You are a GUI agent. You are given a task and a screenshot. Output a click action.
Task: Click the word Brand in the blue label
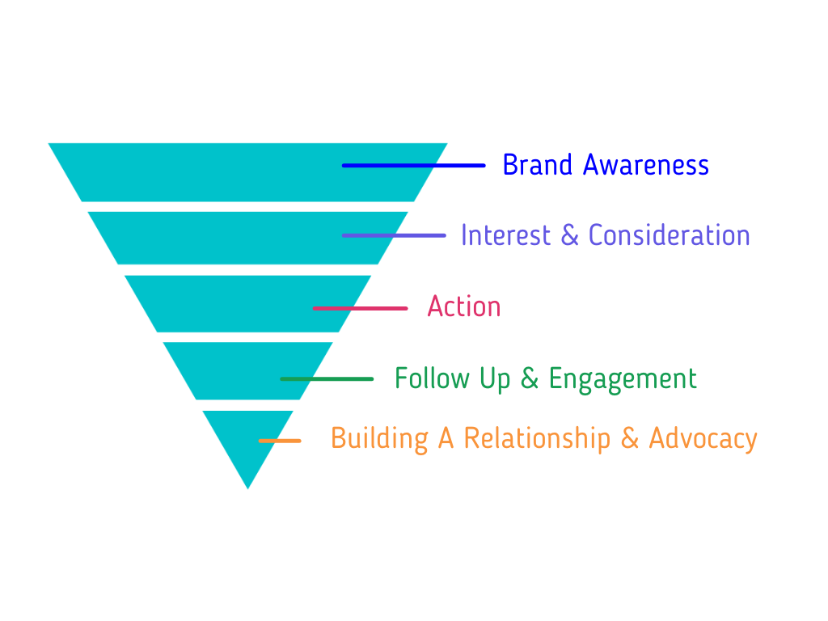[537, 165]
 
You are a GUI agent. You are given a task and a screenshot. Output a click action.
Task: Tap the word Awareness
[646, 165]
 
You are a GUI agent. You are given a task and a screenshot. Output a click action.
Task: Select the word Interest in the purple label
[505, 235]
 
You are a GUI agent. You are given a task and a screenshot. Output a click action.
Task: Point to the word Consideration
[669, 235]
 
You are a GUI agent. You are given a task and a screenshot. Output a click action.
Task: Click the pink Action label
[464, 306]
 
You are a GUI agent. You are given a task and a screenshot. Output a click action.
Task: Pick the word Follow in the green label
[432, 378]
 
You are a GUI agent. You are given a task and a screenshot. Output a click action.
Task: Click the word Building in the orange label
[380, 440]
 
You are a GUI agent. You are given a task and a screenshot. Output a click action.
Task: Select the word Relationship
[537, 440]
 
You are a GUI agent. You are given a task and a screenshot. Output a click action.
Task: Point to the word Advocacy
[703, 440]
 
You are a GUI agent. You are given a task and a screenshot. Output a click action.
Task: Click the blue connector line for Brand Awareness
[413, 166]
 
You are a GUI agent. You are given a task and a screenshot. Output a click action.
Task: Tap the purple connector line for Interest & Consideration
[394, 235]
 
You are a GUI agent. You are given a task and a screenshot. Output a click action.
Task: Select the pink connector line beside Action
[360, 308]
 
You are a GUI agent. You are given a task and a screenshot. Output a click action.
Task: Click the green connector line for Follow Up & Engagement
[327, 379]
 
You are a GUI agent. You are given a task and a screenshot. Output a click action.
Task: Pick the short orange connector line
[280, 441]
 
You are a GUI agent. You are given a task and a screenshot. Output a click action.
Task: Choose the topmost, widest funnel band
[247, 172]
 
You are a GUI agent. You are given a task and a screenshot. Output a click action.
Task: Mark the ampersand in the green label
[530, 378]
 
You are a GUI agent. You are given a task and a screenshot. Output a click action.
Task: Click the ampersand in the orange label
[629, 438]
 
